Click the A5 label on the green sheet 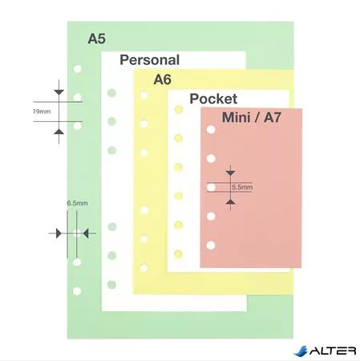97,39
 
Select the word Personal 150,59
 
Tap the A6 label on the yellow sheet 162,79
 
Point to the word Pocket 213,99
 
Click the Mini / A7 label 252,117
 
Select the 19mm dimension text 42,112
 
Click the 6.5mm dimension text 77,203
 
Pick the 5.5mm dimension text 242,187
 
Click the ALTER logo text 333,351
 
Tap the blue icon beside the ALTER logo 301,351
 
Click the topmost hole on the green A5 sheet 77,69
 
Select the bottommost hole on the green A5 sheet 77,291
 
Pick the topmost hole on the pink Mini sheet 211,130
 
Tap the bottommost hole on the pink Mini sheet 211,245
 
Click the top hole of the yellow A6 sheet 144,95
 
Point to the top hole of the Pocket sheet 179,110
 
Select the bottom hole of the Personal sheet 111,285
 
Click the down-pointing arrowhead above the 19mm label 59,92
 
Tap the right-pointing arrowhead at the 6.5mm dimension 59,233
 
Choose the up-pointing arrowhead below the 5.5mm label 230,201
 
